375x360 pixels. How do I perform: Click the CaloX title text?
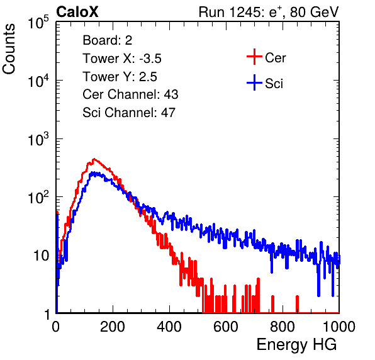[x=77, y=12]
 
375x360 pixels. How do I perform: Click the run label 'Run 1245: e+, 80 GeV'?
[x=269, y=12]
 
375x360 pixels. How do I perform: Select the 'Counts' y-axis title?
[x=9, y=49]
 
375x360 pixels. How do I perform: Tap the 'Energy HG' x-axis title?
[x=296, y=345]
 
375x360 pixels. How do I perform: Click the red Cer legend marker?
[x=254, y=57]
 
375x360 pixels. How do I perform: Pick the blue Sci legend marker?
[x=254, y=82]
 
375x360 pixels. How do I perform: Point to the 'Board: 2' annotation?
[x=108, y=40]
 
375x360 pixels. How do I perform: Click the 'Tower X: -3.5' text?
[x=122, y=59]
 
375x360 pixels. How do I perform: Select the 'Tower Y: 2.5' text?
[x=120, y=77]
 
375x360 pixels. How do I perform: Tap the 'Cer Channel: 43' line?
[x=130, y=94]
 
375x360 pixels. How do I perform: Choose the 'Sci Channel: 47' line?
[x=129, y=113]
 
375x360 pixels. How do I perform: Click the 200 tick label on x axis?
[x=113, y=327]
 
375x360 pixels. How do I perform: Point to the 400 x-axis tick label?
[x=169, y=327]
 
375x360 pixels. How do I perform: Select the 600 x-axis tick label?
[x=226, y=327]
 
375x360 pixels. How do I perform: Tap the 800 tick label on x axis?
[x=283, y=327]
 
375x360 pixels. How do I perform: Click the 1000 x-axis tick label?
[x=339, y=327]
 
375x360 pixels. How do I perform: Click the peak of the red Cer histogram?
[x=94, y=159]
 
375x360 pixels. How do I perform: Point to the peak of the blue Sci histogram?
[x=94, y=172]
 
